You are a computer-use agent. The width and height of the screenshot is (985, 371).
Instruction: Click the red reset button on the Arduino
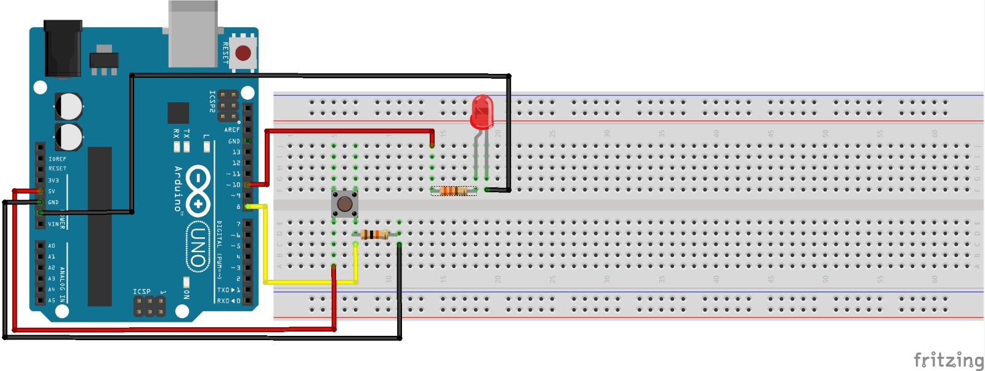point(243,53)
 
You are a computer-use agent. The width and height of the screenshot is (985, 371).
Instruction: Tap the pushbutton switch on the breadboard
point(344,203)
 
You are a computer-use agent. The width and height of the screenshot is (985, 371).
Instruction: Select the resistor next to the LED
point(453,190)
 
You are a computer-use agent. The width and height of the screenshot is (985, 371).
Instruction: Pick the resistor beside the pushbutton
point(374,234)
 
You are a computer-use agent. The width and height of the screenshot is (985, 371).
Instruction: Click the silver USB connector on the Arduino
point(193,34)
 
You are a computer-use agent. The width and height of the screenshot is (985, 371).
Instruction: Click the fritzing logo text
point(948,359)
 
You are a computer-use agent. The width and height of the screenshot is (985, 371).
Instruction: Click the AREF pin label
point(232,130)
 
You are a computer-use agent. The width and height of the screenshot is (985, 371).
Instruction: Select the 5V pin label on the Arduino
point(52,191)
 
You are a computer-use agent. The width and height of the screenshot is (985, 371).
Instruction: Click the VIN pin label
point(54,224)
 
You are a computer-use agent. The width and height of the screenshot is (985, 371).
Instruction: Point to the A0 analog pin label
point(52,245)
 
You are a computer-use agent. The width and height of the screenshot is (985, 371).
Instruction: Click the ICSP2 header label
point(212,102)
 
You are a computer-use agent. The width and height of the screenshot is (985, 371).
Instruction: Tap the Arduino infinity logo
point(198,191)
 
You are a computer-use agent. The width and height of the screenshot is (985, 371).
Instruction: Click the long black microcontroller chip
point(100,226)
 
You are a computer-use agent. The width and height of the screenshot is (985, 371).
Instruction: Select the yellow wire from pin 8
point(265,247)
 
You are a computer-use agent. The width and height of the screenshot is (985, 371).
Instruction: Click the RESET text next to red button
point(225,54)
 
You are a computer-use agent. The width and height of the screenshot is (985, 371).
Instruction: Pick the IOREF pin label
point(57,159)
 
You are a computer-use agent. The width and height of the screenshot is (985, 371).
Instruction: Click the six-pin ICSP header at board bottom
point(150,306)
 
